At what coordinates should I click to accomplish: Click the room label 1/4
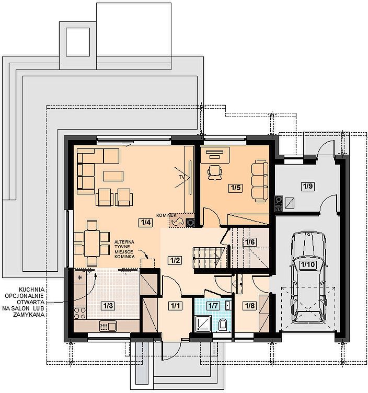145,222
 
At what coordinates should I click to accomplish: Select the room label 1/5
235,188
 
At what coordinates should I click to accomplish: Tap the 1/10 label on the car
308,264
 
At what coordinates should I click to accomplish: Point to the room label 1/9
308,187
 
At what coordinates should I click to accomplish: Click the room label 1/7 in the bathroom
213,306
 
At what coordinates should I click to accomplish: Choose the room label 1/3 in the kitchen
108,306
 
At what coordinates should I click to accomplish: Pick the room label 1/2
175,260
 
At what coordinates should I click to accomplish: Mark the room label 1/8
249,306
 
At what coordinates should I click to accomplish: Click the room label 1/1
175,306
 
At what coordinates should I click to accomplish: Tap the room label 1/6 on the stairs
250,242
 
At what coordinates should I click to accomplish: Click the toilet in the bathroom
222,325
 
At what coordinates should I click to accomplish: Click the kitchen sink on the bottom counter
108,326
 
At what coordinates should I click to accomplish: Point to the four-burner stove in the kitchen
80,313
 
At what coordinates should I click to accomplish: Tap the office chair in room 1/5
215,172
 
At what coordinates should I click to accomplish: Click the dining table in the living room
92,243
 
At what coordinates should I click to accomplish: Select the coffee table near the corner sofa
113,176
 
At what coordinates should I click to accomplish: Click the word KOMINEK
166,215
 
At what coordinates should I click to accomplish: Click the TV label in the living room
181,177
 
